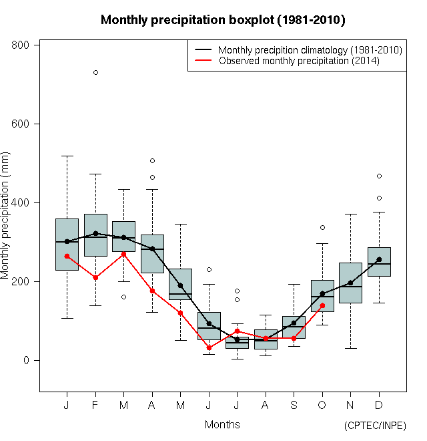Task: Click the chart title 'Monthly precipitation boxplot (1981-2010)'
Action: [x=223, y=20]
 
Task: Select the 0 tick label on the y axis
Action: [x=27, y=361]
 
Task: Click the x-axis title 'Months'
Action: [x=222, y=424]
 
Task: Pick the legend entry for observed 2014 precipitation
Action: [x=299, y=61]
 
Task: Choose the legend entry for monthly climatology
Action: [x=310, y=50]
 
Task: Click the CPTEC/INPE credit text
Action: [x=375, y=426]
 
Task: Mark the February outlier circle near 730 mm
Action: [x=95, y=72]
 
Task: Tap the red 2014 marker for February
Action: [x=95, y=277]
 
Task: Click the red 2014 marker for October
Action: [x=322, y=305]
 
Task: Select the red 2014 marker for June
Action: [x=209, y=347]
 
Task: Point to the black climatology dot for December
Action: [x=379, y=259]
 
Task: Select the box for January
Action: [x=67, y=245]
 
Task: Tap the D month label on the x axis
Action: [x=379, y=406]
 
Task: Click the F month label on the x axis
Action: [x=95, y=406]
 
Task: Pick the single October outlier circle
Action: [x=322, y=227]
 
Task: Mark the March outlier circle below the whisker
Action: [x=123, y=297]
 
